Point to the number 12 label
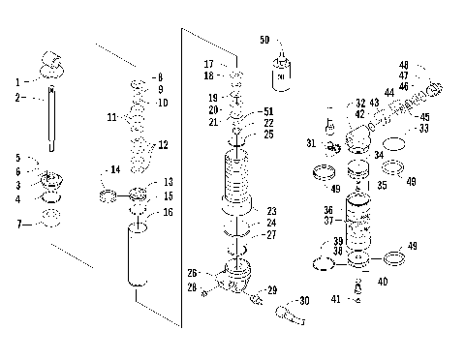(x=163, y=145)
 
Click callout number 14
(x=115, y=169)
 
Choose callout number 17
(x=208, y=63)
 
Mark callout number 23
(x=272, y=210)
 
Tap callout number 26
(x=192, y=272)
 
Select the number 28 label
(x=192, y=287)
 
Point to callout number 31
(x=312, y=143)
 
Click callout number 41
(x=335, y=299)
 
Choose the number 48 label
(x=431, y=65)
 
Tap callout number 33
(x=423, y=128)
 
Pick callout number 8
(x=160, y=76)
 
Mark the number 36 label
(x=327, y=209)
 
